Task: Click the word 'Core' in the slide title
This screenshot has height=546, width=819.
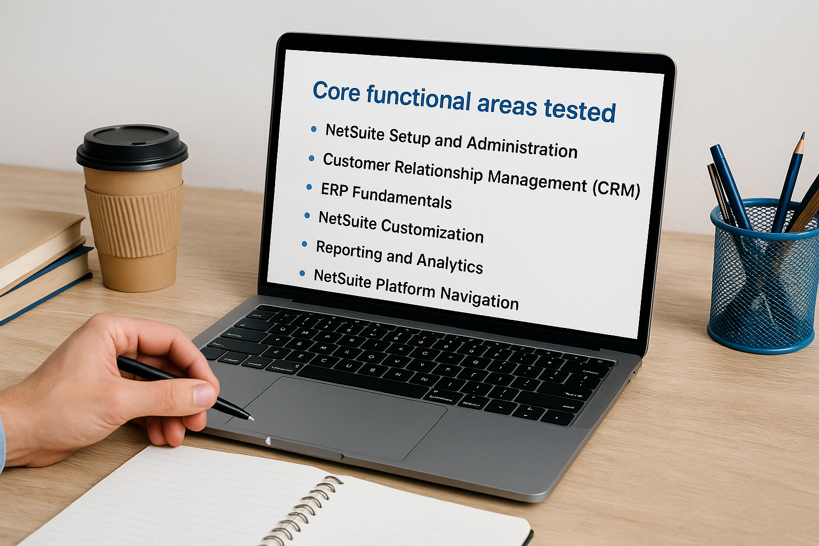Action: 336,92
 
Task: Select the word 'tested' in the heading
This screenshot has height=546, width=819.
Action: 580,110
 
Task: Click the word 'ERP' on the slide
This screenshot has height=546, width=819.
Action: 334,189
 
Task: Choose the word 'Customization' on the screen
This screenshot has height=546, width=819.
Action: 432,230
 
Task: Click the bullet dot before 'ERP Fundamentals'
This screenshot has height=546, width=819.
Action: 309,187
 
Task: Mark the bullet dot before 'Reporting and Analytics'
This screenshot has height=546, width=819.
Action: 304,244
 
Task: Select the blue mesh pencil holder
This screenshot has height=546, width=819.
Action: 762,288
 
